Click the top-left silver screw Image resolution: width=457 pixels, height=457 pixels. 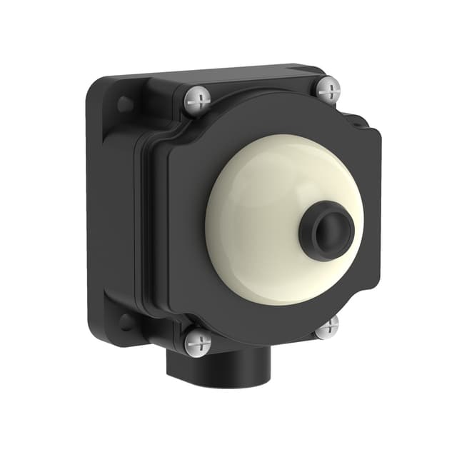pyautogui.click(x=198, y=99)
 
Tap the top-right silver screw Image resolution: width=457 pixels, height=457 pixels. pyautogui.click(x=328, y=89)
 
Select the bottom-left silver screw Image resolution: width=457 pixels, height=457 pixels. pyautogui.click(x=198, y=342)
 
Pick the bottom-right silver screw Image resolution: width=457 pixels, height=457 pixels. pyautogui.click(x=327, y=326)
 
